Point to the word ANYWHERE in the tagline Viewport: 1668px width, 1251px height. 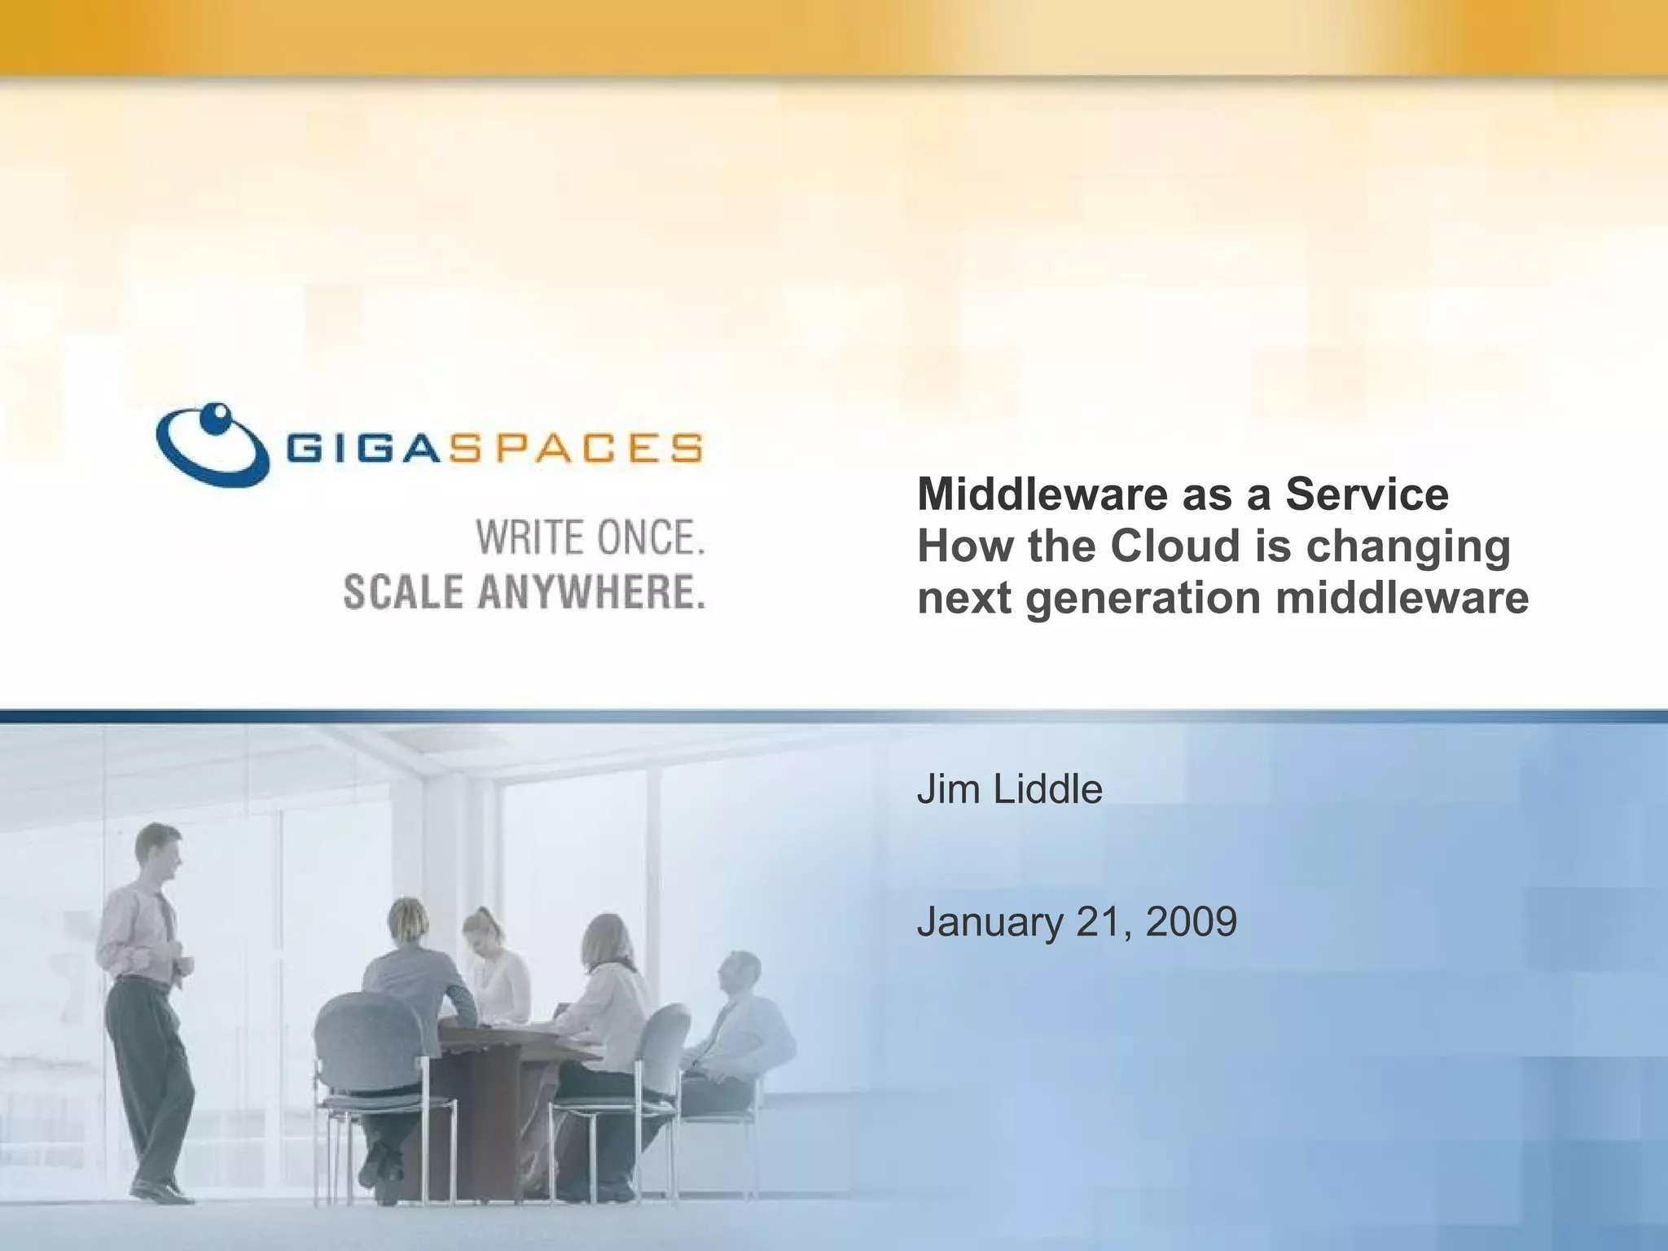pos(591,592)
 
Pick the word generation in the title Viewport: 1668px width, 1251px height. pos(1143,599)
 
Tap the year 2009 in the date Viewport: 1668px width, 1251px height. pos(1191,922)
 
